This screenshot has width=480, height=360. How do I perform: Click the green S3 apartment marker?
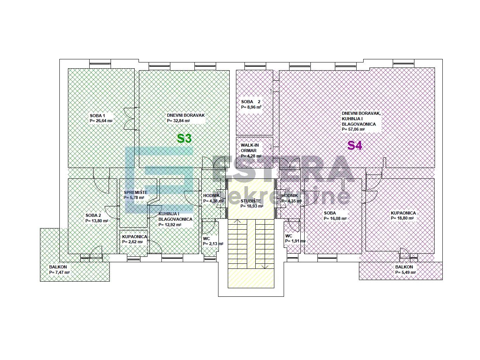coord(184,138)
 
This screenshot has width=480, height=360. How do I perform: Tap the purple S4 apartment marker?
coord(355,145)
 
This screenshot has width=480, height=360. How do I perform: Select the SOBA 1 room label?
coord(97,116)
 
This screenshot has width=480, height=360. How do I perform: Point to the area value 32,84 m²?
coord(178,121)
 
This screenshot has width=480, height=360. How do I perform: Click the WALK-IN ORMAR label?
coord(250,148)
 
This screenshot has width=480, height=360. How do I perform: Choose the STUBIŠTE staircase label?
coord(251,201)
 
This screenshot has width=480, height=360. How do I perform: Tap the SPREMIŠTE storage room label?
coord(135,192)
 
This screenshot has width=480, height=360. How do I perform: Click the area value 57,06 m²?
coord(353,129)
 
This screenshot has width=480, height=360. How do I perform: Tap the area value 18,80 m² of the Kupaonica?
coord(402,218)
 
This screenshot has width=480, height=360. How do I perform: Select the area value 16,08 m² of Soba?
coord(335,218)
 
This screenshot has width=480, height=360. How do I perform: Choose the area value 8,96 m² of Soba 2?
coord(251,107)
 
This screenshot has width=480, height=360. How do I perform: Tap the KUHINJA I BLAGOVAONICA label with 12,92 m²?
coord(175,219)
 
